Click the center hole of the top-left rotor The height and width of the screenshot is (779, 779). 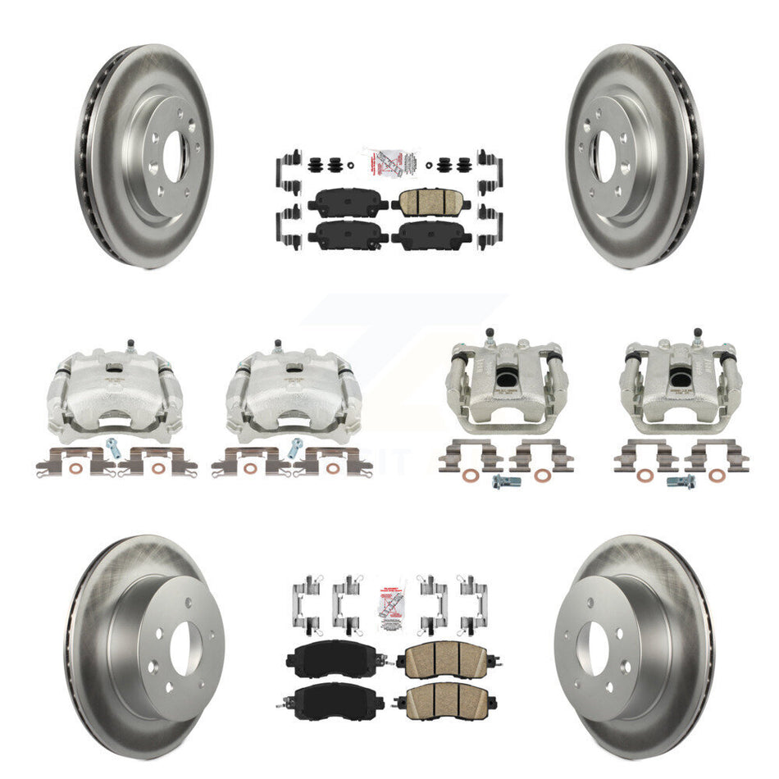[175, 156]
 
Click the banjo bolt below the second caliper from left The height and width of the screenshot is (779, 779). [295, 448]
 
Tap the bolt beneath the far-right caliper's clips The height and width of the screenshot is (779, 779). [681, 482]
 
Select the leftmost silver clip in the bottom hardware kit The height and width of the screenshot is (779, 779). [303, 599]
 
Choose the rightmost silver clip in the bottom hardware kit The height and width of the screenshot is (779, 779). [474, 599]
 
